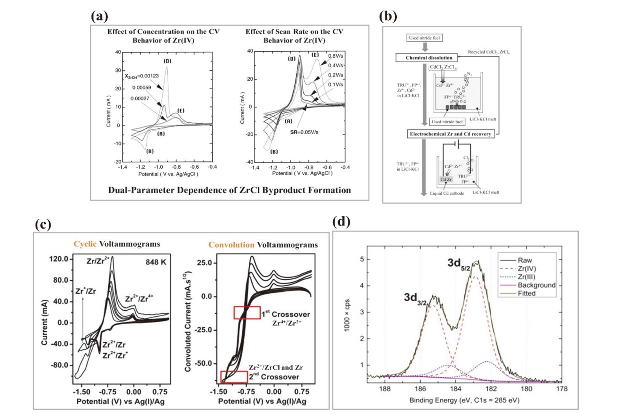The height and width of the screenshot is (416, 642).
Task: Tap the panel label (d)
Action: coord(341,221)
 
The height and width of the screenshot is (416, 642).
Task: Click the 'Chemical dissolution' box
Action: coord(428,58)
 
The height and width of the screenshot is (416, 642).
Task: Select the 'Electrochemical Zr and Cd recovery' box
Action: coord(450,134)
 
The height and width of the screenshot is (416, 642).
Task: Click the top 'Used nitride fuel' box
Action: coord(424,38)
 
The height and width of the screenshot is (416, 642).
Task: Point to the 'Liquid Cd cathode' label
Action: coord(447,193)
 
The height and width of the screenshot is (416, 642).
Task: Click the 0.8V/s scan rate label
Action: coord(335,56)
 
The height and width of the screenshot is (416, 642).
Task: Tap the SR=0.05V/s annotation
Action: coord(304,132)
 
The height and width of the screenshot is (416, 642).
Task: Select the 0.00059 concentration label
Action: coord(142,87)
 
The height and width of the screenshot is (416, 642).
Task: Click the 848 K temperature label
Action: coord(156,262)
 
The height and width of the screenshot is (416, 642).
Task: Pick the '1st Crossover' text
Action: coord(285,314)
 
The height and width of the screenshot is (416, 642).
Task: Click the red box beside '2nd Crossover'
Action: coord(234,377)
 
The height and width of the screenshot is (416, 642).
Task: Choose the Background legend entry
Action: coord(536,285)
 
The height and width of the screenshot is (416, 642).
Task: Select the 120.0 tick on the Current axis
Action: coord(58,259)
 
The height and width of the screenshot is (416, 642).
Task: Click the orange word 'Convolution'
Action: coord(231,245)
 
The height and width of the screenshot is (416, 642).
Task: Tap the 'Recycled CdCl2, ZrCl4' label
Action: coord(489,52)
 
